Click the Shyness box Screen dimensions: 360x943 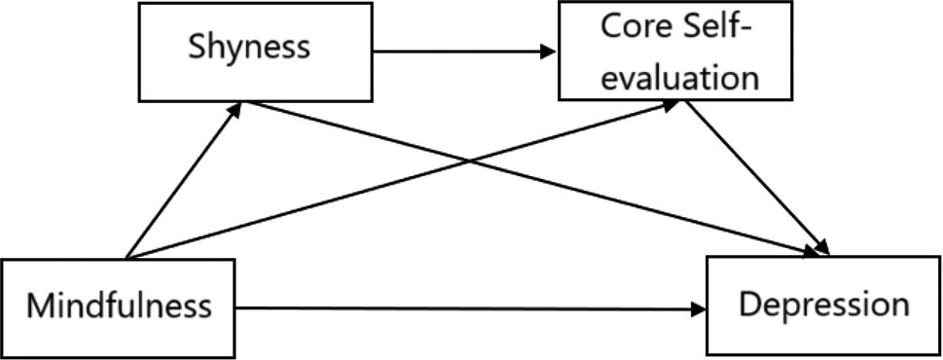[256, 51]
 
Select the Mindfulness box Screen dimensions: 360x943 [119, 307]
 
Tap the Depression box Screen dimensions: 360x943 [823, 305]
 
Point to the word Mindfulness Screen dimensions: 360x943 [119, 307]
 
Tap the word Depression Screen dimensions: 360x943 [823, 305]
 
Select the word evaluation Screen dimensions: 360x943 [679, 76]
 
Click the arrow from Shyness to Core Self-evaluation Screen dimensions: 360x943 [457, 52]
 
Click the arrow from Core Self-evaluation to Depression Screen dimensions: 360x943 [754, 175]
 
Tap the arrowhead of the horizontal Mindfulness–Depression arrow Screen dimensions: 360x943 [700, 310]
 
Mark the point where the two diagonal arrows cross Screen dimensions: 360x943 [470, 161]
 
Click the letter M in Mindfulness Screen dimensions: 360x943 [39, 307]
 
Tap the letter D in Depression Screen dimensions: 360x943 [750, 305]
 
